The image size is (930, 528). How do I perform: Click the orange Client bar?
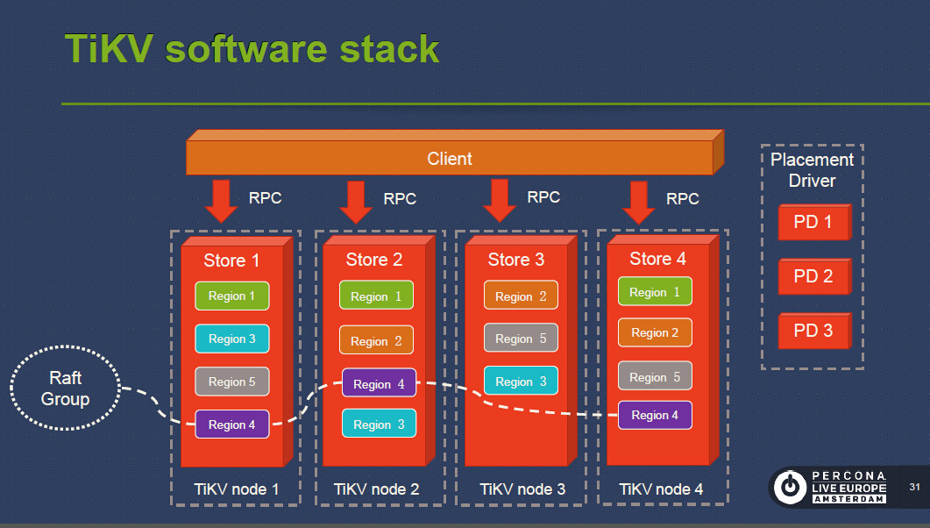click(x=449, y=159)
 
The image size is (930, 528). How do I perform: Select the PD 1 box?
click(x=813, y=223)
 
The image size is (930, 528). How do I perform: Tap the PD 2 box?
click(x=813, y=277)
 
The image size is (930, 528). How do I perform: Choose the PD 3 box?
click(x=813, y=332)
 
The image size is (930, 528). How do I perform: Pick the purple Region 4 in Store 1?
click(x=231, y=425)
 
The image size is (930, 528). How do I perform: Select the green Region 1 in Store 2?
click(x=376, y=296)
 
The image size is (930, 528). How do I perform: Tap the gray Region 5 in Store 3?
click(x=521, y=339)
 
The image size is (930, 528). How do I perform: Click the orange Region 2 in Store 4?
click(x=655, y=332)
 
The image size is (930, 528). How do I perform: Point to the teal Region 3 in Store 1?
click(x=231, y=339)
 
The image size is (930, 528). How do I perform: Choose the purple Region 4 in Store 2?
click(x=379, y=384)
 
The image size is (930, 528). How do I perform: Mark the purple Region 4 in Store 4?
click(x=655, y=415)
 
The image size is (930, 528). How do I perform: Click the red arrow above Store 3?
click(x=500, y=201)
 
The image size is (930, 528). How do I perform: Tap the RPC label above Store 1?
click(x=265, y=198)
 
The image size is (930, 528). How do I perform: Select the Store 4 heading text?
click(x=657, y=259)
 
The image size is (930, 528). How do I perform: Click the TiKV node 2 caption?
click(x=376, y=489)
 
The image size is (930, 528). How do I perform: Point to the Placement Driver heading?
click(x=812, y=170)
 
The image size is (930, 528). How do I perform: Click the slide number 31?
click(x=914, y=487)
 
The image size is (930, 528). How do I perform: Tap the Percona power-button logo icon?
click(x=790, y=486)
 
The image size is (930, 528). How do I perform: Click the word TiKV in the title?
click(x=109, y=49)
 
